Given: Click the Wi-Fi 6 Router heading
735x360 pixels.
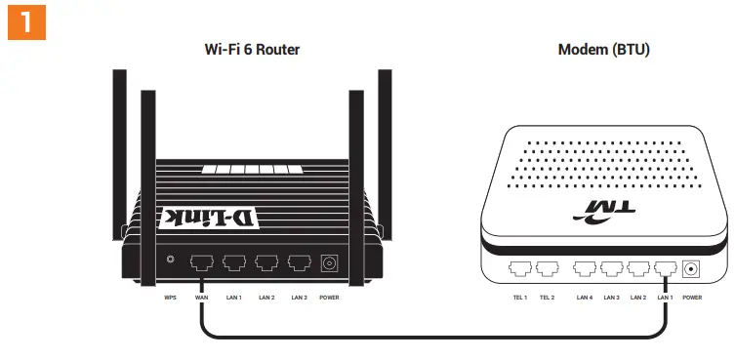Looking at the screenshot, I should point(251,49).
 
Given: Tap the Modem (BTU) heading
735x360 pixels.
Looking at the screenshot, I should point(603,49).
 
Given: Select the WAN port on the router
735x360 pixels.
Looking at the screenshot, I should point(202,262).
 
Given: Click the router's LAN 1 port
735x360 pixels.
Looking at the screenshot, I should point(234,262).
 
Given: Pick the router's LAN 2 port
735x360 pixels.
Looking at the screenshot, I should point(266,262).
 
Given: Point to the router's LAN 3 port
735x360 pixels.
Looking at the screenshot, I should point(299,262).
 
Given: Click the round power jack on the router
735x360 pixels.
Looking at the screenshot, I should point(329,262).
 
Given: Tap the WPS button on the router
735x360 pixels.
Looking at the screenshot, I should point(171,260).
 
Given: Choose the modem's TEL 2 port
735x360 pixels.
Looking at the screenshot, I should point(547,268).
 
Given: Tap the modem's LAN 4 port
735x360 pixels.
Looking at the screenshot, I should point(585,268).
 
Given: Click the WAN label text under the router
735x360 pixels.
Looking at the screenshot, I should point(202,297).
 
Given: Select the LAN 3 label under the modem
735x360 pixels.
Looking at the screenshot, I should point(612,297).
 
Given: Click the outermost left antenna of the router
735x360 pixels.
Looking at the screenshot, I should point(120,156).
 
